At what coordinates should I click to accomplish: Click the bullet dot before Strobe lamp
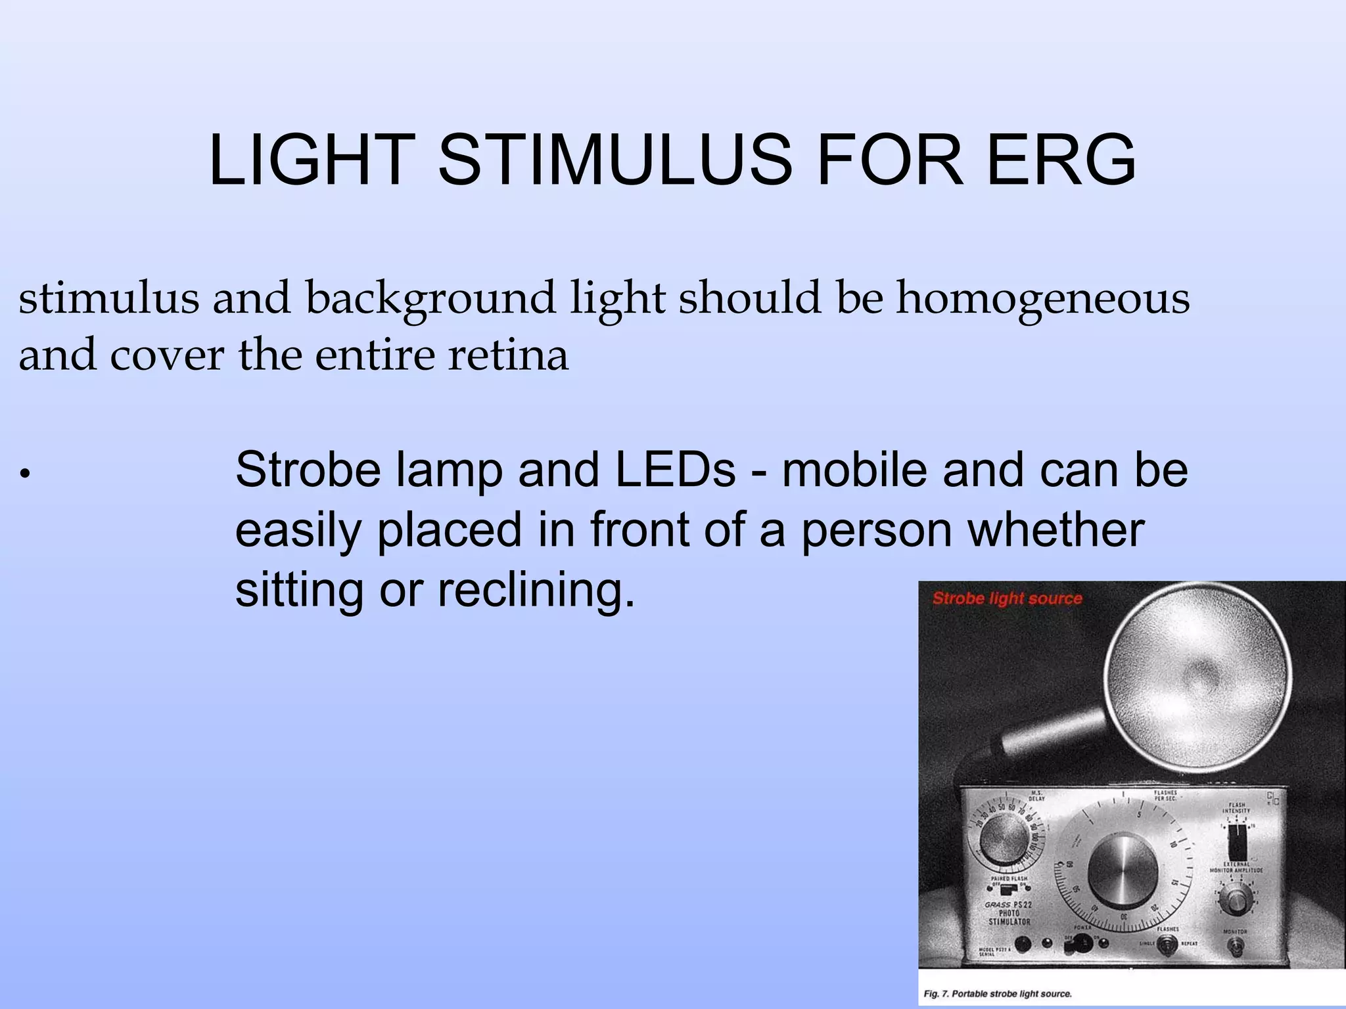[24, 474]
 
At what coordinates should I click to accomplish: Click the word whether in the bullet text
[1056, 530]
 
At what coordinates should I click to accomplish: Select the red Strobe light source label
[1007, 598]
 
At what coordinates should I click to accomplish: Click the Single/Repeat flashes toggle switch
[1167, 943]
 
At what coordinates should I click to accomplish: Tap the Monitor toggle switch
[1236, 946]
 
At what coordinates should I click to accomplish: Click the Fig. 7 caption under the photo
[997, 993]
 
